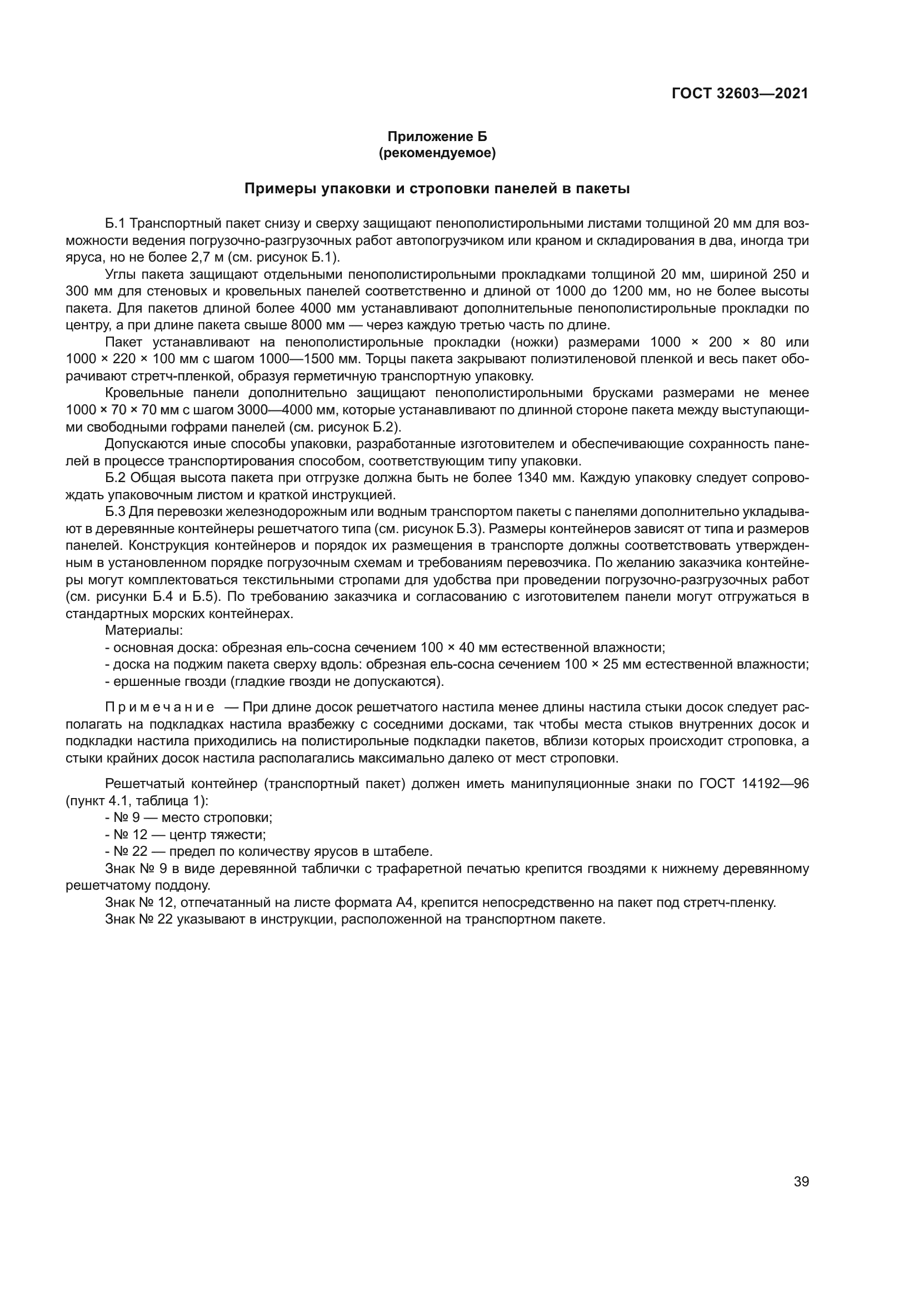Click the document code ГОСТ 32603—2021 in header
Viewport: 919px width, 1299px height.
coord(740,94)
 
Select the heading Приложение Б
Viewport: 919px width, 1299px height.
coord(437,137)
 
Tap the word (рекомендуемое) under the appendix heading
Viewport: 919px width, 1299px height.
coord(437,153)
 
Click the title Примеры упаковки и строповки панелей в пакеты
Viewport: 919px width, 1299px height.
coord(437,189)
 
